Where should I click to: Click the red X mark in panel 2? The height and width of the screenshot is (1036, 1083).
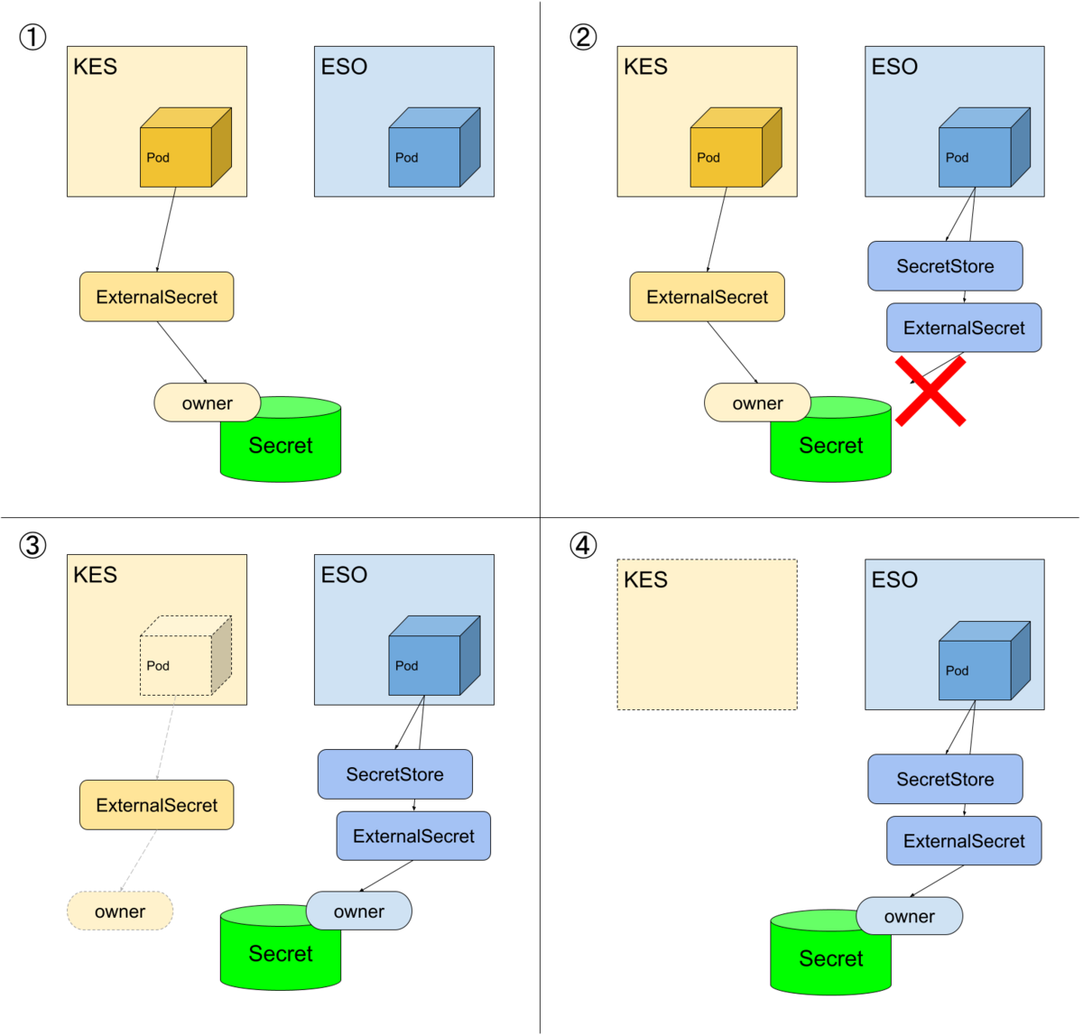tap(930, 391)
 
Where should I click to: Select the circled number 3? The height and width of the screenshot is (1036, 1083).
tap(32, 545)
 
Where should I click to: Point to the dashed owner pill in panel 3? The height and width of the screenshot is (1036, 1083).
tap(120, 911)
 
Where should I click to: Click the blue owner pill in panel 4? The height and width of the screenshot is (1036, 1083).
tap(909, 917)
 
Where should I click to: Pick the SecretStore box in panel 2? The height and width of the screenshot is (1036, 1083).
tap(945, 266)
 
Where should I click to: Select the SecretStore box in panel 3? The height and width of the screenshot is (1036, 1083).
tap(394, 774)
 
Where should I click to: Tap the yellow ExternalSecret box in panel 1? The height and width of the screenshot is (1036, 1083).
tap(157, 297)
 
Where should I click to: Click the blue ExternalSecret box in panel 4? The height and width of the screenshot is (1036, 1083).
tap(964, 841)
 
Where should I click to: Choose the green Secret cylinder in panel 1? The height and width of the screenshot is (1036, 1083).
tap(281, 445)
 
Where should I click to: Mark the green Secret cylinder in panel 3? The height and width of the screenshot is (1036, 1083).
tap(281, 953)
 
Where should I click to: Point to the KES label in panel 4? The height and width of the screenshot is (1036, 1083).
tap(646, 579)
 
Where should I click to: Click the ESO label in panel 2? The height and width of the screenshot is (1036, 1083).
tap(894, 67)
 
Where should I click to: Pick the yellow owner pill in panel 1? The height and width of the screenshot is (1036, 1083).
tap(208, 403)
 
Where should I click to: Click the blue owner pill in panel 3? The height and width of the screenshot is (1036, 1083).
tap(359, 911)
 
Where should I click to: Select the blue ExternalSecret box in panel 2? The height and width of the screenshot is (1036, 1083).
tap(964, 328)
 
